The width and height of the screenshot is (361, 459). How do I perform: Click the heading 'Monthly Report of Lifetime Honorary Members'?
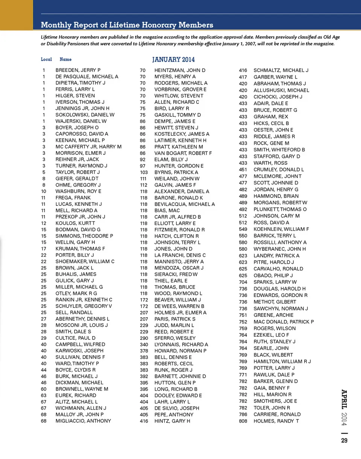click(x=127, y=25)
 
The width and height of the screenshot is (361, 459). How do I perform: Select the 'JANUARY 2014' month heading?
click(x=173, y=59)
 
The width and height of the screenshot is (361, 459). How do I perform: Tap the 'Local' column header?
click(x=46, y=59)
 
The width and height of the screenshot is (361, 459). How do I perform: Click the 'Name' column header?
click(x=65, y=59)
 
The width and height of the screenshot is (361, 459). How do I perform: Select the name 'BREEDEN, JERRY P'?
click(x=78, y=70)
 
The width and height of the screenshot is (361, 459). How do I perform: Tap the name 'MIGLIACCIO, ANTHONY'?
click(x=83, y=421)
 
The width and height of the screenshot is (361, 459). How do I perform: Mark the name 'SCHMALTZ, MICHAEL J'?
click(x=281, y=70)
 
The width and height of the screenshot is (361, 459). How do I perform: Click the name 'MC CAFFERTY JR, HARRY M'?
click(x=89, y=147)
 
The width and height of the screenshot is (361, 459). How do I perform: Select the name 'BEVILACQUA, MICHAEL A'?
click(x=185, y=204)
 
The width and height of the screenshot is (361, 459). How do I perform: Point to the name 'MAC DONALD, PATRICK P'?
click(x=284, y=322)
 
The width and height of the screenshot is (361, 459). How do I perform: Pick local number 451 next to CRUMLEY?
click(x=243, y=170)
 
